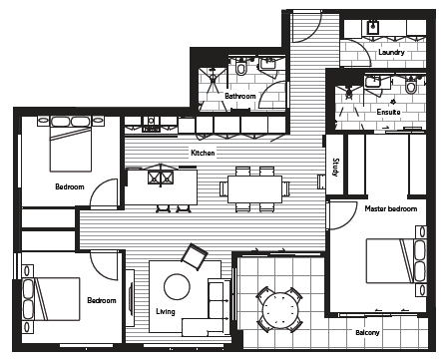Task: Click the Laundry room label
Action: (391, 53)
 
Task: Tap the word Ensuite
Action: (388, 112)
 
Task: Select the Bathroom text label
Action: (240, 96)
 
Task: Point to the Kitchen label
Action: (203, 153)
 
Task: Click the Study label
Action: (335, 168)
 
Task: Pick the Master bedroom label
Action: (391, 208)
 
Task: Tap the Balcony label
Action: (367, 332)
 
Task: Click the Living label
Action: (166, 311)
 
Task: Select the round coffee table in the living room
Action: (177, 286)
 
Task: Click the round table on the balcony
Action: (279, 310)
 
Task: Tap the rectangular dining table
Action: (254, 189)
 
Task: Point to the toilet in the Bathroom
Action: (240, 67)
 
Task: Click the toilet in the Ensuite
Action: (411, 86)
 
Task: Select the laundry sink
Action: (372, 27)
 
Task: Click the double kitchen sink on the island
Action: (161, 178)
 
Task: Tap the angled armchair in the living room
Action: (194, 256)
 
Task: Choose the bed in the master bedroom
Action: (396, 261)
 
